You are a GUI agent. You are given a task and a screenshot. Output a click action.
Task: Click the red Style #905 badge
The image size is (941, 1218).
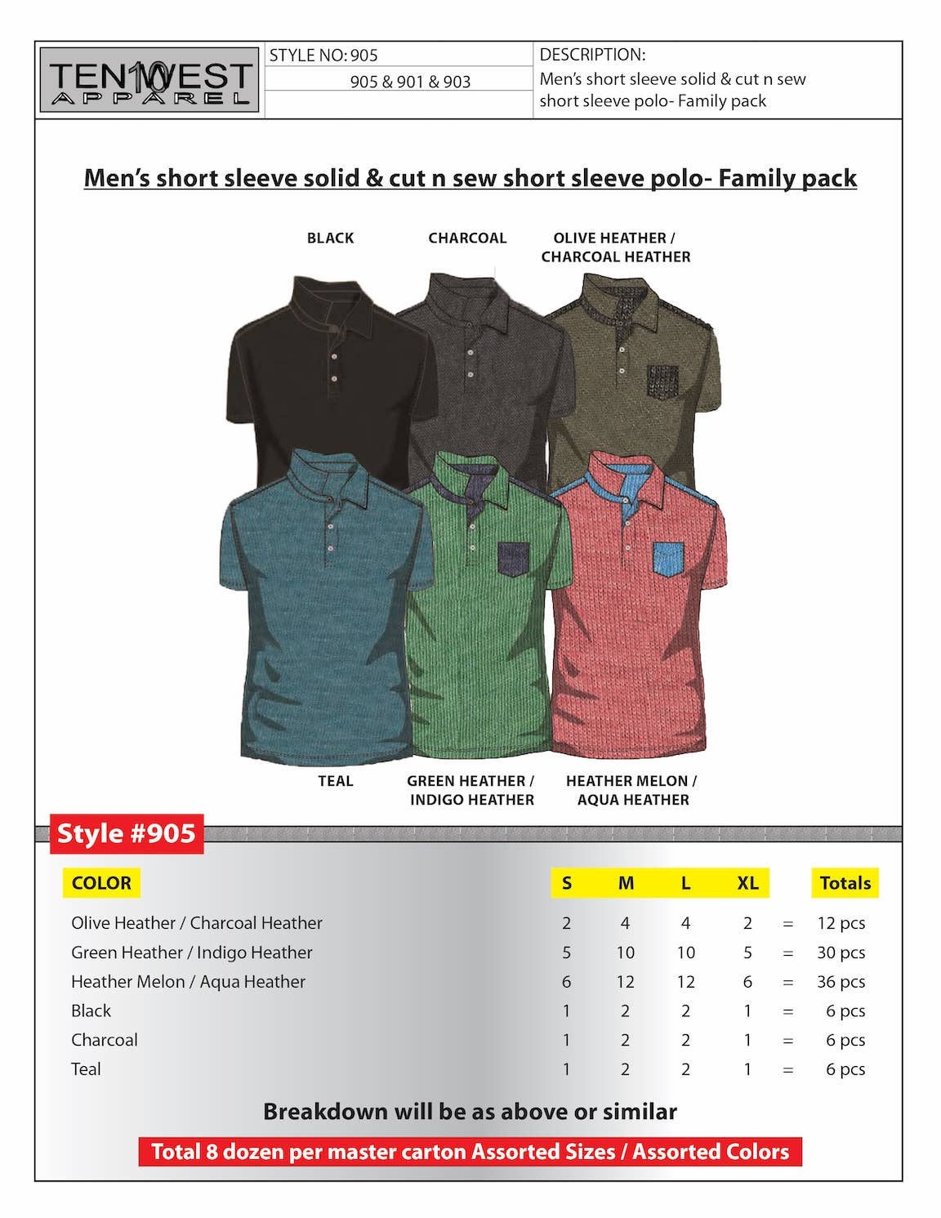pos(127,834)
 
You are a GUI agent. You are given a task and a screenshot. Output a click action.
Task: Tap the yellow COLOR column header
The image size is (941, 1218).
pos(101,883)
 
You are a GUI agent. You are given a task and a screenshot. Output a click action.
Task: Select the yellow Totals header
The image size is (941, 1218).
pos(845,883)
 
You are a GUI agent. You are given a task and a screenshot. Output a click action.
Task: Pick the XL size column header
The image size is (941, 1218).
pos(747,883)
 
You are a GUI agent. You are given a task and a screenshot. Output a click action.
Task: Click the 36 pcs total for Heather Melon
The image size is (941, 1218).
pos(841,982)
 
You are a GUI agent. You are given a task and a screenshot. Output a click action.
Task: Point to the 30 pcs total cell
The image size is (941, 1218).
pos(841,953)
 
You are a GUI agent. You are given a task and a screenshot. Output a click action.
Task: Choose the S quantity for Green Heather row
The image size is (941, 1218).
pos(566,953)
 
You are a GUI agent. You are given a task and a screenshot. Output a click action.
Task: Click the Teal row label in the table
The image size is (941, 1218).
pos(86,1069)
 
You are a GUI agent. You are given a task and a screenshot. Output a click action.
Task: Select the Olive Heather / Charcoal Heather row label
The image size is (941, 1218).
pos(196,923)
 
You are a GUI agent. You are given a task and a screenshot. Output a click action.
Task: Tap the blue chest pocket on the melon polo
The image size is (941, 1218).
pos(668,560)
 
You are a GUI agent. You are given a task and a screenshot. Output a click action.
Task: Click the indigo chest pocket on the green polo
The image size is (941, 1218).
pos(514,560)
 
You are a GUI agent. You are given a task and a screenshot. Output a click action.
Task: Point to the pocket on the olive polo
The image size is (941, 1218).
pos(662,382)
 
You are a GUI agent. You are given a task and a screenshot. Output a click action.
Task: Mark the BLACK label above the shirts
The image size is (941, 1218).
pos(330,239)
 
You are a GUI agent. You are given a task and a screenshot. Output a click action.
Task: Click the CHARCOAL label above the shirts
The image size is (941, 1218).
pos(467,239)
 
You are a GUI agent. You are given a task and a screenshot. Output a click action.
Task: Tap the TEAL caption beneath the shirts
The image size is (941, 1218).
pos(336,781)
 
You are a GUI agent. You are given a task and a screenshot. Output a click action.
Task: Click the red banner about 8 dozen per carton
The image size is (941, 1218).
pos(470,1152)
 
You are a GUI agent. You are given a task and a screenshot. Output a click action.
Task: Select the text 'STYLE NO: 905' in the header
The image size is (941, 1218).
pos(323,56)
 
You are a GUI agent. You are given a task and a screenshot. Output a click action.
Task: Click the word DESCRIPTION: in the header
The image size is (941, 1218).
pos(592,55)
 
